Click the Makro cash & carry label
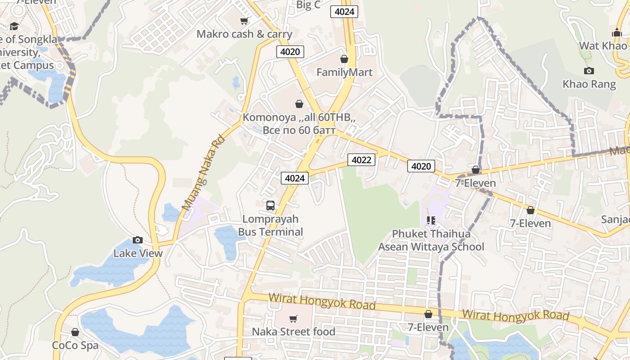[x=244, y=34]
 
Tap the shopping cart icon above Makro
[x=244, y=21]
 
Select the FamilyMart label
[x=344, y=72]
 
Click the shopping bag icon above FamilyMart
[x=344, y=59]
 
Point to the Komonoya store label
[x=299, y=124]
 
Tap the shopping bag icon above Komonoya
[x=299, y=104]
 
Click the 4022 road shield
[x=361, y=160]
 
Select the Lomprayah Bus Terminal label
[x=270, y=225]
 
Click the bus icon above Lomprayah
[x=270, y=206]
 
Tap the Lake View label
[x=138, y=253]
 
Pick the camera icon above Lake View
[x=138, y=240]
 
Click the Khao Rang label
[x=589, y=84]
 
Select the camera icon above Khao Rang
[x=589, y=71]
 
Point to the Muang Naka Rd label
[x=203, y=173]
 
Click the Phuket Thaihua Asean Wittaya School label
[x=431, y=240]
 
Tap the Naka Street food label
[x=293, y=332]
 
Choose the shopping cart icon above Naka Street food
[x=293, y=319]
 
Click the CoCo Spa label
[x=75, y=345]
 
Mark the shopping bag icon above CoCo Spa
[x=75, y=332]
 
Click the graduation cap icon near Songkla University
[x=14, y=26]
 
